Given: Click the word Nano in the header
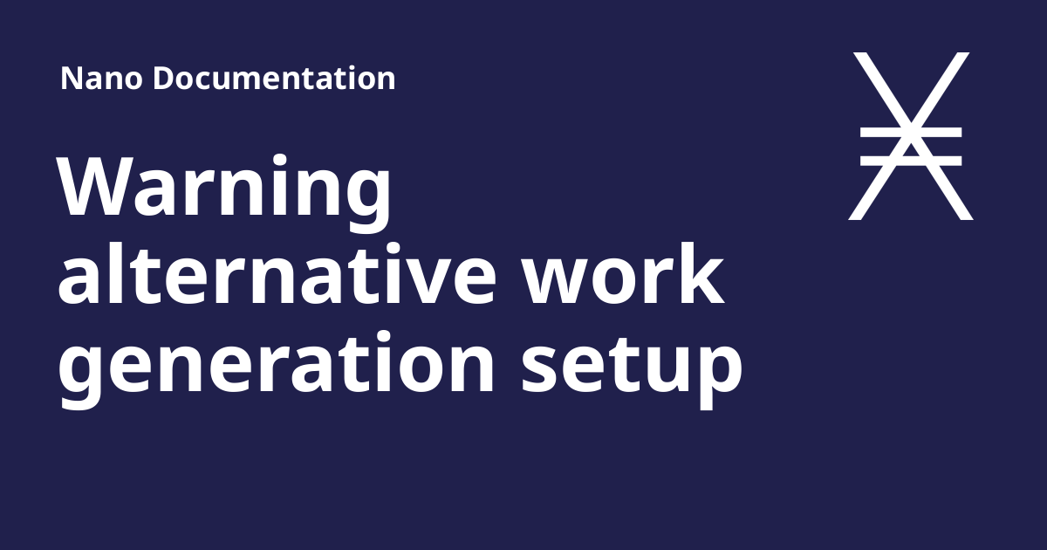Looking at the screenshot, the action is [101, 78].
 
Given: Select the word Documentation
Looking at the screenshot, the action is [274, 78].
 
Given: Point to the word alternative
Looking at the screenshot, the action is [277, 274].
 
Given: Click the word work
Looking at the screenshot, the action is [623, 274].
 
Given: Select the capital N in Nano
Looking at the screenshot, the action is [72, 78].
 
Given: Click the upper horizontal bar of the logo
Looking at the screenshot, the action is [911, 133].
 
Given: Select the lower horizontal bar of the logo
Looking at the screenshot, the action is [911, 161].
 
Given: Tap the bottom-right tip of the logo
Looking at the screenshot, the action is [967, 219].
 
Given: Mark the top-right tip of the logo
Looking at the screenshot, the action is [963, 53].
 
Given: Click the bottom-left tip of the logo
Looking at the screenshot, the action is [855, 219].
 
